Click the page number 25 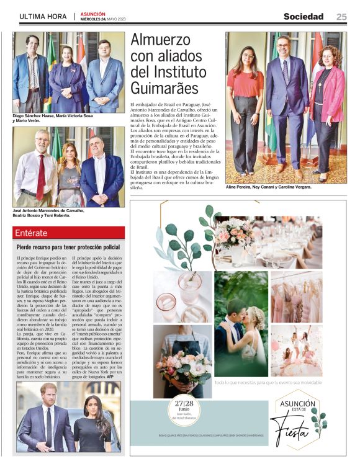point(341,17)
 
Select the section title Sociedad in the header point(304,17)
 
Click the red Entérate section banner point(69,233)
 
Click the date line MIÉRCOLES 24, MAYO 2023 point(102,19)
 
